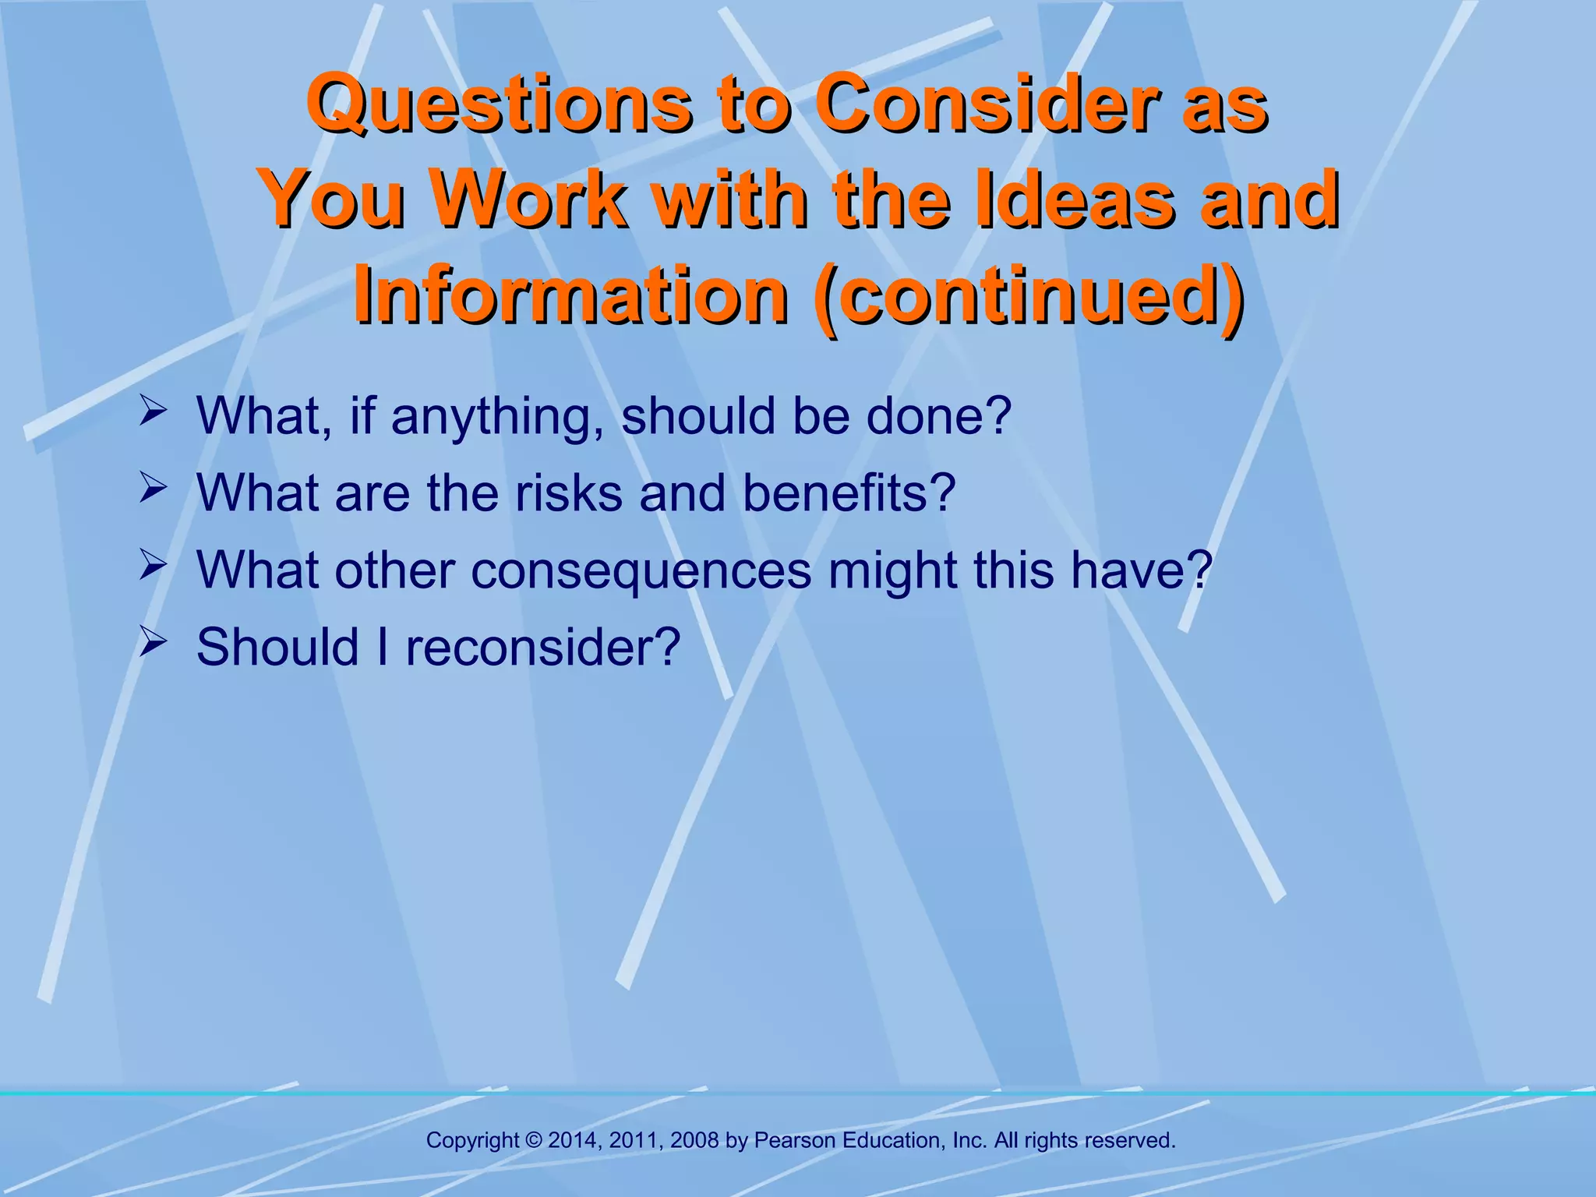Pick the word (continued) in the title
[x=1029, y=298]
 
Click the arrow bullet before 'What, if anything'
[x=152, y=411]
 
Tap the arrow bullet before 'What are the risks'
[x=152, y=489]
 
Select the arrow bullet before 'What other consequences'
[x=152, y=567]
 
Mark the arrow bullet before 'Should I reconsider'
[x=152, y=644]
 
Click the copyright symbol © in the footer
[x=534, y=1141]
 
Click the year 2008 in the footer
[x=694, y=1141]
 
